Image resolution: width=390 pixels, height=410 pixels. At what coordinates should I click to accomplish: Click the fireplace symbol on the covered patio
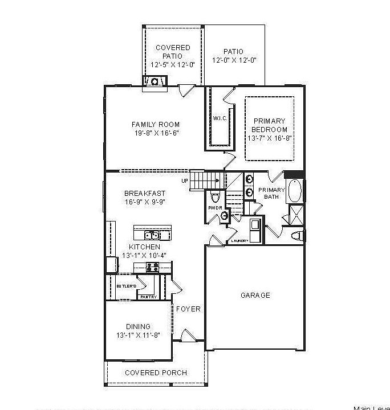(154, 83)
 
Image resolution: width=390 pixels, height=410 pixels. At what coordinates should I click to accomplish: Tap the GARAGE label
(255, 296)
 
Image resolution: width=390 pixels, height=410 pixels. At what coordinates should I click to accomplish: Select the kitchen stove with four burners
(152, 267)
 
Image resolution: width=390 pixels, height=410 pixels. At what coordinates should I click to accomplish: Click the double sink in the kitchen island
(152, 235)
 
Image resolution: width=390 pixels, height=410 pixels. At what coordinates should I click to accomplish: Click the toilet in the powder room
(215, 197)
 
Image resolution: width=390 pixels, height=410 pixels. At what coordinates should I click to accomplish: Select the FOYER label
(188, 309)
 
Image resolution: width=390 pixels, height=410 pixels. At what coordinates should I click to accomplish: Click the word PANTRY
(149, 297)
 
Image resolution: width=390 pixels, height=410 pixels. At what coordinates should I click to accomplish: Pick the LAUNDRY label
(239, 241)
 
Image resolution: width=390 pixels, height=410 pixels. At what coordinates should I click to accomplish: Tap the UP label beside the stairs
(184, 181)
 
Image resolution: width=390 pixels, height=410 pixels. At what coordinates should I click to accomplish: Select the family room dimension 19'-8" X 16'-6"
(156, 133)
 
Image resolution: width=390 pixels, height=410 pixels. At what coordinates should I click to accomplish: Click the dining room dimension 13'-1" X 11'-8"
(138, 335)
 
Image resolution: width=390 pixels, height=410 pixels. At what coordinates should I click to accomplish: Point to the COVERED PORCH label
(156, 373)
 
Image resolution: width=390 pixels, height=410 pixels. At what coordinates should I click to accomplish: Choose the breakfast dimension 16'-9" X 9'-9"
(145, 202)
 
